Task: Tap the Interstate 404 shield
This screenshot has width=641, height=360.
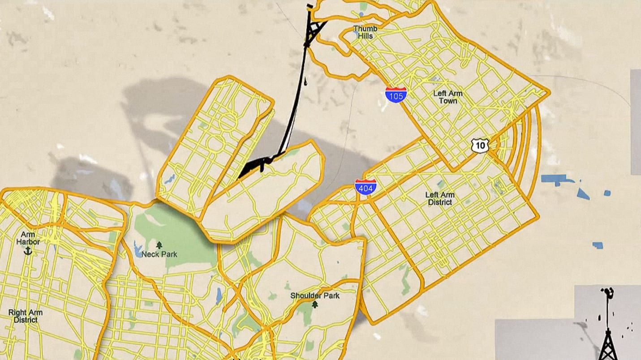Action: point(365,187)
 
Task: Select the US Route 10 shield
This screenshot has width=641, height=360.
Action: point(480,145)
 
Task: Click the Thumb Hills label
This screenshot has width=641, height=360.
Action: point(365,32)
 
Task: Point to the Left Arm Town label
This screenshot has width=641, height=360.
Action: point(448,97)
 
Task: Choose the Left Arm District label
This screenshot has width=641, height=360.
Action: point(439,198)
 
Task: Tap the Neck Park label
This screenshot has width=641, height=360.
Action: point(159,254)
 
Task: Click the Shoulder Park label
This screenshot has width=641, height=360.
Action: point(315,296)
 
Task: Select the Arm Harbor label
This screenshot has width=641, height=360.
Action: point(28,238)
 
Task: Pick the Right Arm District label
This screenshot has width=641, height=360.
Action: point(25,316)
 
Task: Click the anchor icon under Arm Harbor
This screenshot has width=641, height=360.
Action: point(28,251)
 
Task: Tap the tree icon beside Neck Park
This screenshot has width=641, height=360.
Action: point(159,245)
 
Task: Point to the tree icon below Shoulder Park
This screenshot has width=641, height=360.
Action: point(314,304)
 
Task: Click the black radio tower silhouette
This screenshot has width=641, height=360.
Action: point(608,340)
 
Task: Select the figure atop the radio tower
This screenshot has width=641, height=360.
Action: point(608,293)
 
